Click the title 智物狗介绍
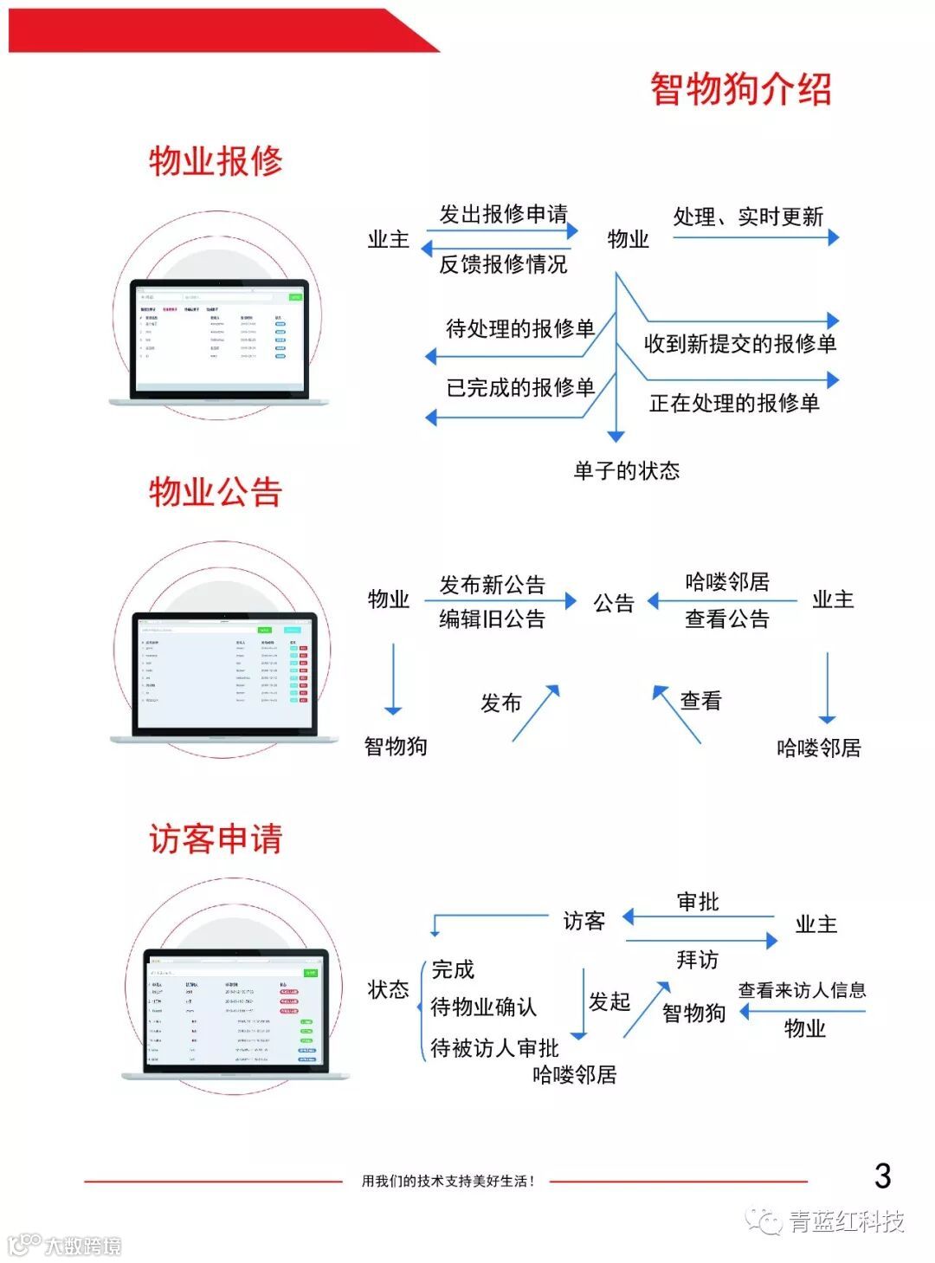pyautogui.click(x=740, y=89)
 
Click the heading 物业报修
pyautogui.click(x=216, y=161)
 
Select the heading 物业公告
pyautogui.click(x=216, y=492)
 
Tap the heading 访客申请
pyautogui.click(x=216, y=839)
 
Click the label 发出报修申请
pyautogui.click(x=503, y=214)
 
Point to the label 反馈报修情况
pyautogui.click(x=503, y=264)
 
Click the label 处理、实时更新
pyautogui.click(x=748, y=217)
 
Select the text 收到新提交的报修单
pyautogui.click(x=740, y=344)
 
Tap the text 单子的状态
pyautogui.click(x=627, y=470)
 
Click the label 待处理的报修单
pyautogui.click(x=520, y=328)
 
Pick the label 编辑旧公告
pyautogui.click(x=492, y=619)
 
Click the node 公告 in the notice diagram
pyautogui.click(x=614, y=603)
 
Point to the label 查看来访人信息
pyautogui.click(x=802, y=990)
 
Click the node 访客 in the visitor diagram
pyautogui.click(x=584, y=921)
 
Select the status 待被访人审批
pyautogui.click(x=495, y=1048)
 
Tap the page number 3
pyautogui.click(x=882, y=1176)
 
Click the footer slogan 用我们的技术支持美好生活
pyautogui.click(x=448, y=1181)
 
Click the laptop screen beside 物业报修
pyautogui.click(x=219, y=340)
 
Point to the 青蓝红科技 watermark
pyautogui.click(x=844, y=1221)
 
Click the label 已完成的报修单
pyautogui.click(x=520, y=387)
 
